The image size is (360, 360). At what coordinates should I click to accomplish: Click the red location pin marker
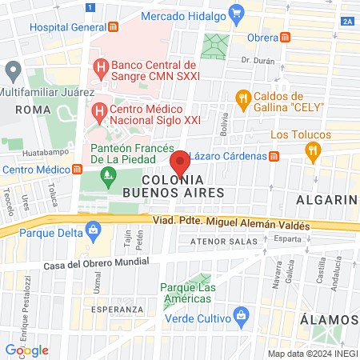click(180, 162)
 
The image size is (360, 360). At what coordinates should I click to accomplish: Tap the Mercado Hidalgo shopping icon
click(236, 13)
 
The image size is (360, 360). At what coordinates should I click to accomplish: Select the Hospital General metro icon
click(115, 26)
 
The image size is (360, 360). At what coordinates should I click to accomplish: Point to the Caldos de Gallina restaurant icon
click(243, 98)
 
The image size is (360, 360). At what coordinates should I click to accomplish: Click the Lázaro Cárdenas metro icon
click(274, 156)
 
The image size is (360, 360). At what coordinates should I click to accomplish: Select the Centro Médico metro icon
click(78, 169)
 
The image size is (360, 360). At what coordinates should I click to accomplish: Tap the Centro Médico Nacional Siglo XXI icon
click(100, 111)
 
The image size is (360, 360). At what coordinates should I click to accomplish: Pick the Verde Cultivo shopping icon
click(239, 314)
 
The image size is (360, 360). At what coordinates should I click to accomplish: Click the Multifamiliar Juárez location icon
click(11, 70)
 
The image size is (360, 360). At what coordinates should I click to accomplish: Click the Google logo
click(26, 350)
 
